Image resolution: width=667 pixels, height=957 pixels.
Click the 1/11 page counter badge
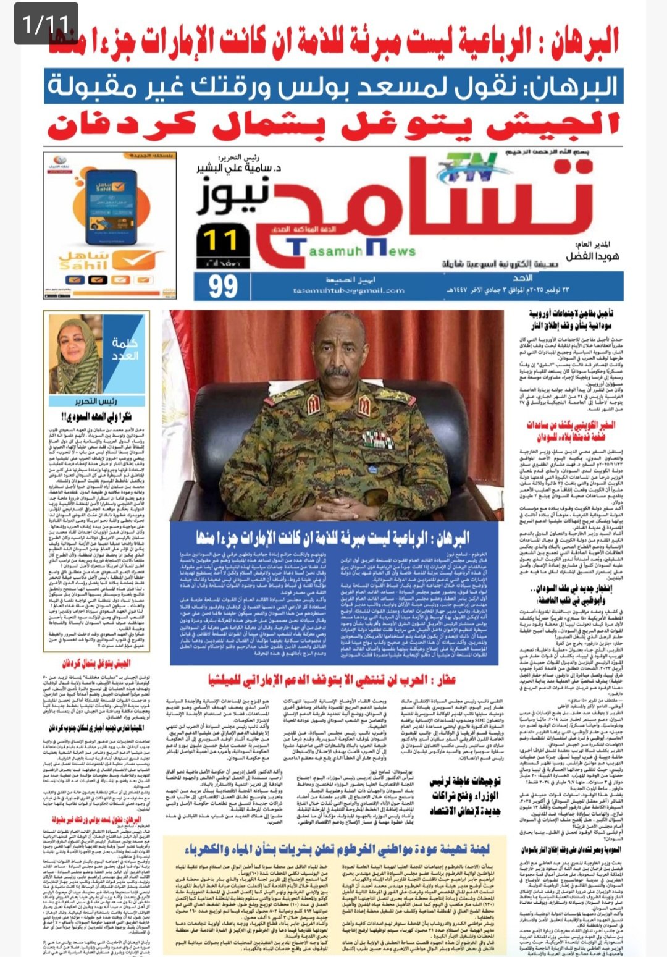(x=46, y=23)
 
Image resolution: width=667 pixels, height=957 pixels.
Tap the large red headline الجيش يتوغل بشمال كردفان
(x=333, y=126)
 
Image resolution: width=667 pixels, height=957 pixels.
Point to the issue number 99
(x=223, y=286)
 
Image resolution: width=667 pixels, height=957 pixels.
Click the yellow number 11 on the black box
(x=219, y=240)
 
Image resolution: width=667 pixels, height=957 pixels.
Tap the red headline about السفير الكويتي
(x=571, y=431)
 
